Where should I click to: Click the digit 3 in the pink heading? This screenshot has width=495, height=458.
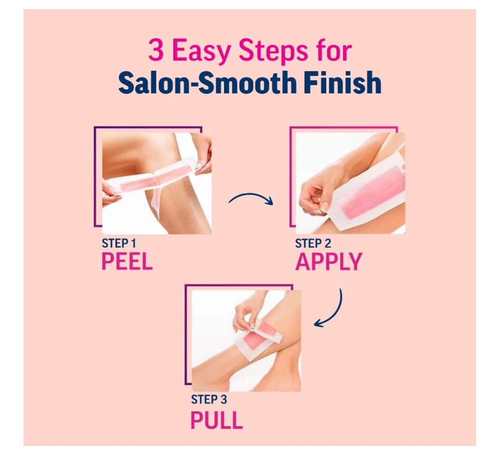click(x=156, y=50)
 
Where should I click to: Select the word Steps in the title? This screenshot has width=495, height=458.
click(x=273, y=52)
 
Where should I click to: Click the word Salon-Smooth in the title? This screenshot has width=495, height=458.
click(x=207, y=82)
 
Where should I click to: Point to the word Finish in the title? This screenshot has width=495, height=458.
click(x=342, y=82)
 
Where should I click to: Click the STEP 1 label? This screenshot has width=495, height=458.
click(x=119, y=243)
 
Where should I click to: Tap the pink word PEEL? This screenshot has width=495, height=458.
click(x=127, y=261)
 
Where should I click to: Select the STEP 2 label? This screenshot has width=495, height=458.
click(x=313, y=243)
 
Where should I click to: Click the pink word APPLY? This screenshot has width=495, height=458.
click(x=328, y=262)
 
